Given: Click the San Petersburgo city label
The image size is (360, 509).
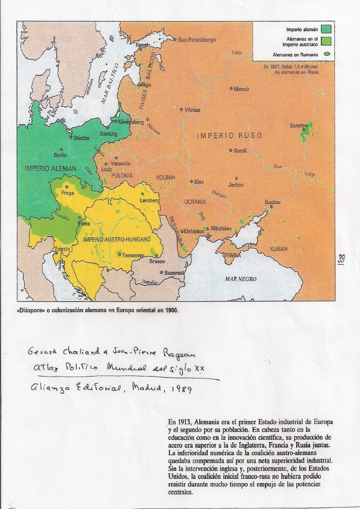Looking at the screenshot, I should pos(196,40).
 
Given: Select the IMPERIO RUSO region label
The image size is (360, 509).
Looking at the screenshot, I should pos(229,135).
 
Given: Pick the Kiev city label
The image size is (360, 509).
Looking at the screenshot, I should pos(199,182).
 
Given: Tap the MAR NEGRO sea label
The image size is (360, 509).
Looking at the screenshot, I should pos(241,279).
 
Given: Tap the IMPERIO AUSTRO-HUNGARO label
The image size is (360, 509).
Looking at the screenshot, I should pos(116,239).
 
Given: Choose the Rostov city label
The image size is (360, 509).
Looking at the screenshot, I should pos(272,202).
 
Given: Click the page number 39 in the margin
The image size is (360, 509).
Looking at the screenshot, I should pos(341,258).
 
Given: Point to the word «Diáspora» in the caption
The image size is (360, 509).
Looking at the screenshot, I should pos(34,312).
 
